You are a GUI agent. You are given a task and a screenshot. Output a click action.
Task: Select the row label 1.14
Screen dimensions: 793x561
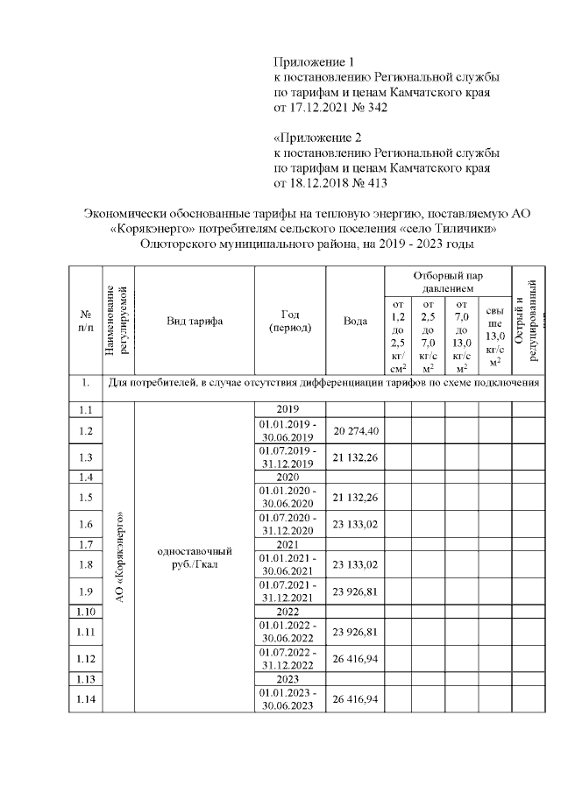click(85, 700)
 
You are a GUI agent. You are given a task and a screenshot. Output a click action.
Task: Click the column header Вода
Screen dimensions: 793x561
click(355, 321)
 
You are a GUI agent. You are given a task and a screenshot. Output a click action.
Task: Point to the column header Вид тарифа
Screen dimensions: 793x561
click(194, 321)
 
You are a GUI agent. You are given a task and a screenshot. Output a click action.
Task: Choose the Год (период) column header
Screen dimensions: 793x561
click(288, 321)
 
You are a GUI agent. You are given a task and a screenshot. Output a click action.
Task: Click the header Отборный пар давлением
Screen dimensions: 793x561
click(446, 281)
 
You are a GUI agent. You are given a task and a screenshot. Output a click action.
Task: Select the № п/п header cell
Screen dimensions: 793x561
click(85, 321)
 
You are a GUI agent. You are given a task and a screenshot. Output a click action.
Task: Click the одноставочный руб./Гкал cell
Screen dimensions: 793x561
click(194, 557)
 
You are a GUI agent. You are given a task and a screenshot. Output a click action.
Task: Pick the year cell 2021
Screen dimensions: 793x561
click(288, 544)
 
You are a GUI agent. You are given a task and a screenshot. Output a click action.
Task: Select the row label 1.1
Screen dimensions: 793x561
click(85, 409)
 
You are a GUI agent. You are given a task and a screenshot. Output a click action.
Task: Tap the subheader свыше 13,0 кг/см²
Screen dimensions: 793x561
click(495, 336)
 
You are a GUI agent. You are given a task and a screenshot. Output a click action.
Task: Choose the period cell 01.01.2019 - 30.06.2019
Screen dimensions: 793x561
click(288, 431)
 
